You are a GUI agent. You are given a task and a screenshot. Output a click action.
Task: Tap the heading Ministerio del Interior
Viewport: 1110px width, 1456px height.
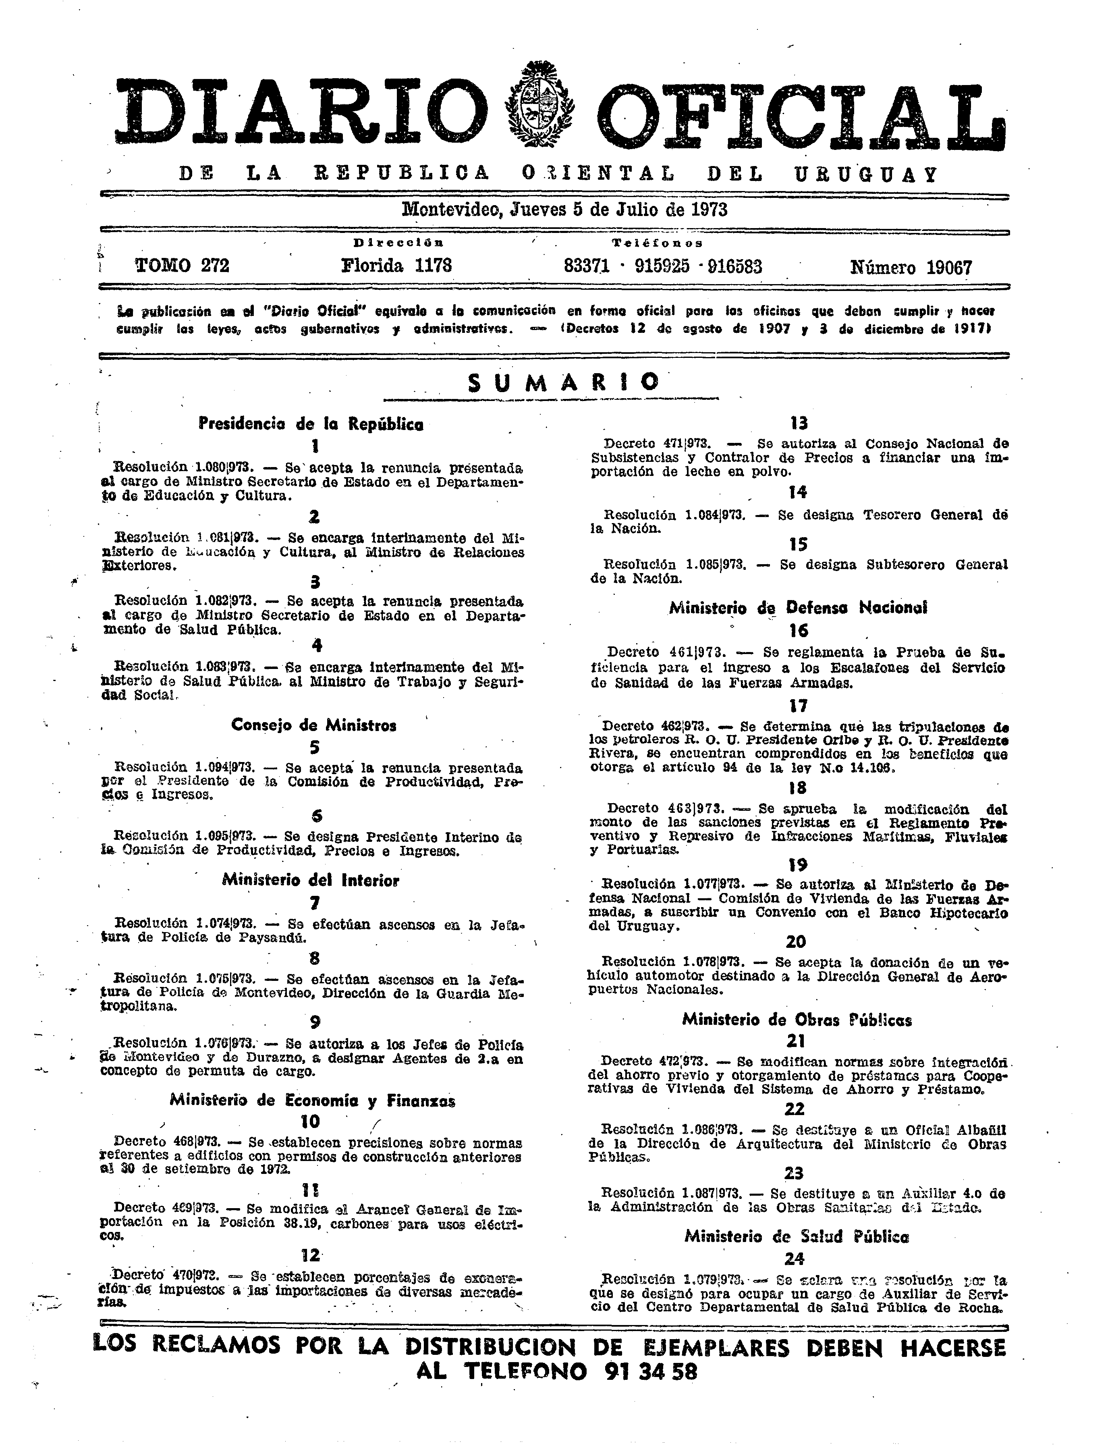pyautogui.click(x=311, y=881)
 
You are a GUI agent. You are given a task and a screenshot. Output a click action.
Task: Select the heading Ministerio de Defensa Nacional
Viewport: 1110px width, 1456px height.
pyautogui.click(x=798, y=608)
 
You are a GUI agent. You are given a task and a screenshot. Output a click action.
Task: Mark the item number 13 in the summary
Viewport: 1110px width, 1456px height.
pyautogui.click(x=799, y=424)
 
